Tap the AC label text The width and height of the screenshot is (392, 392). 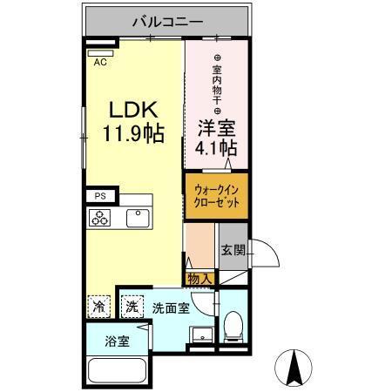[x=100, y=62]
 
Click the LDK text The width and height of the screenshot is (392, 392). [x=133, y=112]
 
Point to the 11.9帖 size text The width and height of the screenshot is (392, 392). [x=134, y=136]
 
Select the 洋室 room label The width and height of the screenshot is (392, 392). [x=215, y=127]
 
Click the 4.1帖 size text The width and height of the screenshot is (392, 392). [x=216, y=148]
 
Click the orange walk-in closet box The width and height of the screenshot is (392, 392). [x=215, y=197]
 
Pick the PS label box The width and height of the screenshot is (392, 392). [x=99, y=198]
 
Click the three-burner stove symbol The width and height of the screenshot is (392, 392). [x=100, y=219]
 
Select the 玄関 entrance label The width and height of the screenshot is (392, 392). [x=233, y=251]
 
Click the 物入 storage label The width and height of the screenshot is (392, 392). [x=199, y=279]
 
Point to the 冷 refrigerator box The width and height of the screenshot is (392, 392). [x=99, y=307]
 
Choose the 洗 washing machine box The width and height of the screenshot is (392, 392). [x=131, y=307]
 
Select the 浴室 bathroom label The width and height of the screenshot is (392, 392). [x=118, y=340]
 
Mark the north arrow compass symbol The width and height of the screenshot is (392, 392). [x=294, y=367]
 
